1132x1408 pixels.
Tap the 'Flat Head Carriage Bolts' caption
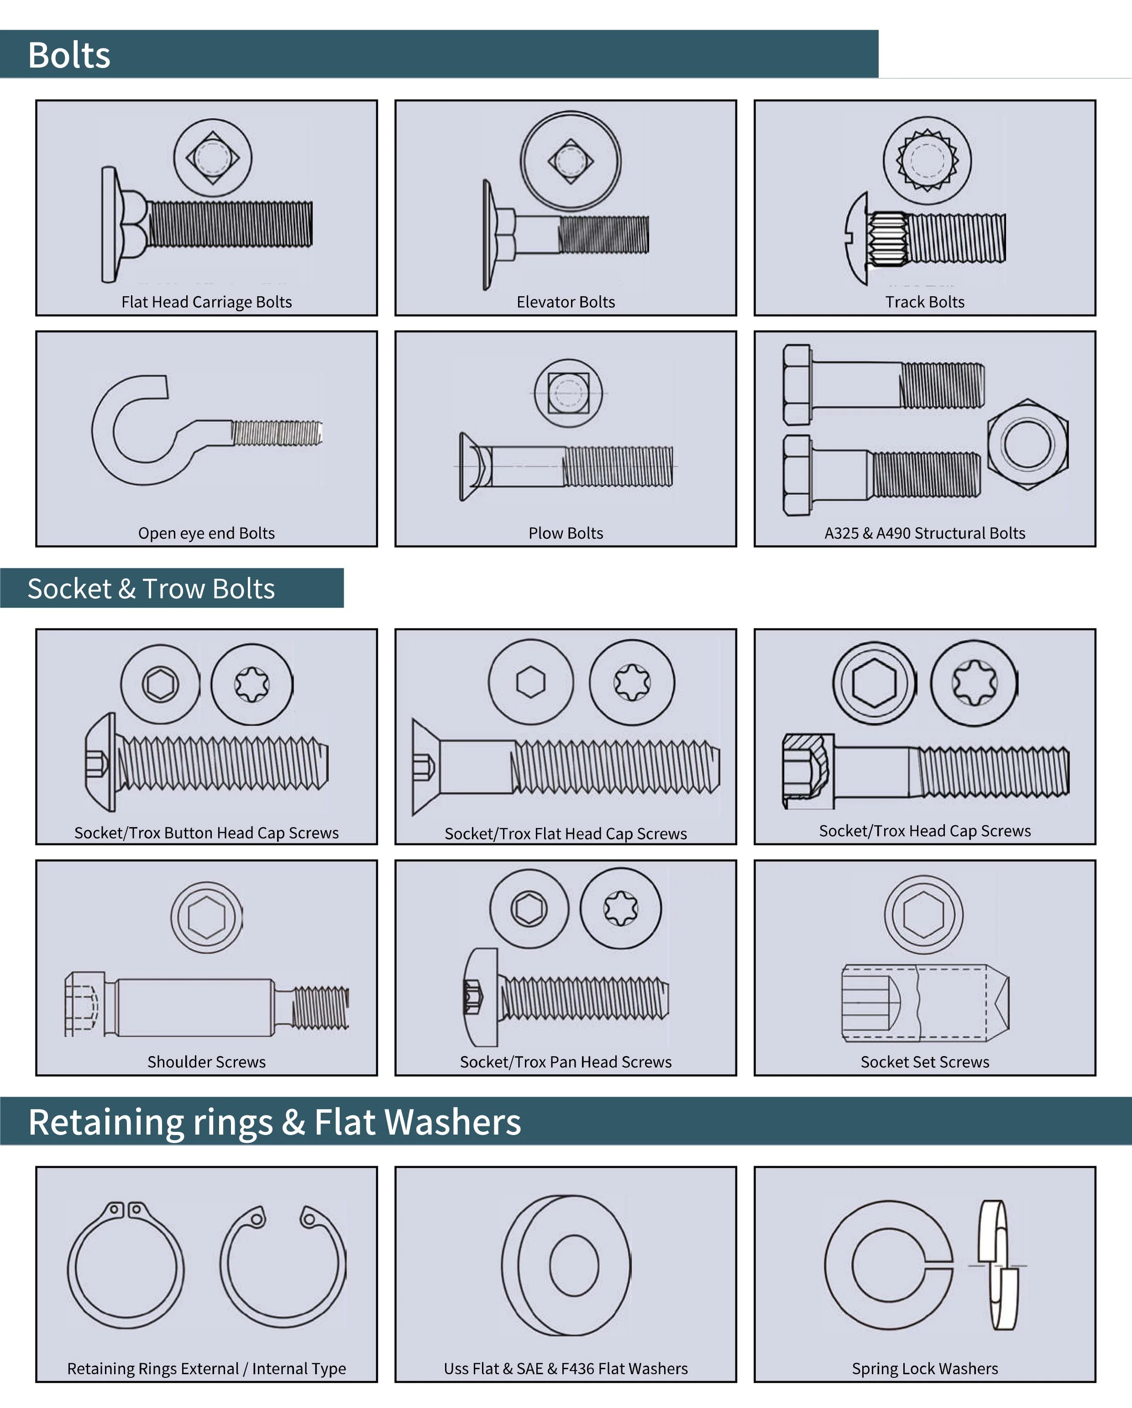coord(206,302)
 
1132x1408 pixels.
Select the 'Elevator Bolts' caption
coord(566,302)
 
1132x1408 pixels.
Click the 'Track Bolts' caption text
coord(924,302)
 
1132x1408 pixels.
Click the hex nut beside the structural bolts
coord(1027,444)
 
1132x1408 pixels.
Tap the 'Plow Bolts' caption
coord(566,533)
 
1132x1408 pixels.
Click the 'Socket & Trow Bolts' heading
coord(151,588)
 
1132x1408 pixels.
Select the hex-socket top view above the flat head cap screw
coord(530,682)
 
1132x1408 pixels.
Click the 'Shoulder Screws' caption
coord(206,1062)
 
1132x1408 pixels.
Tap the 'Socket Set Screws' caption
coord(924,1062)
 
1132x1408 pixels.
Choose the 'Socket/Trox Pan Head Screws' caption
coord(566,1062)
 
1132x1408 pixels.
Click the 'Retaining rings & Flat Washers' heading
coord(274,1122)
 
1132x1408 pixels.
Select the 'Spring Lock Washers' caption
coord(924,1368)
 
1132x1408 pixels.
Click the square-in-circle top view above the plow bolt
coord(568,393)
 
